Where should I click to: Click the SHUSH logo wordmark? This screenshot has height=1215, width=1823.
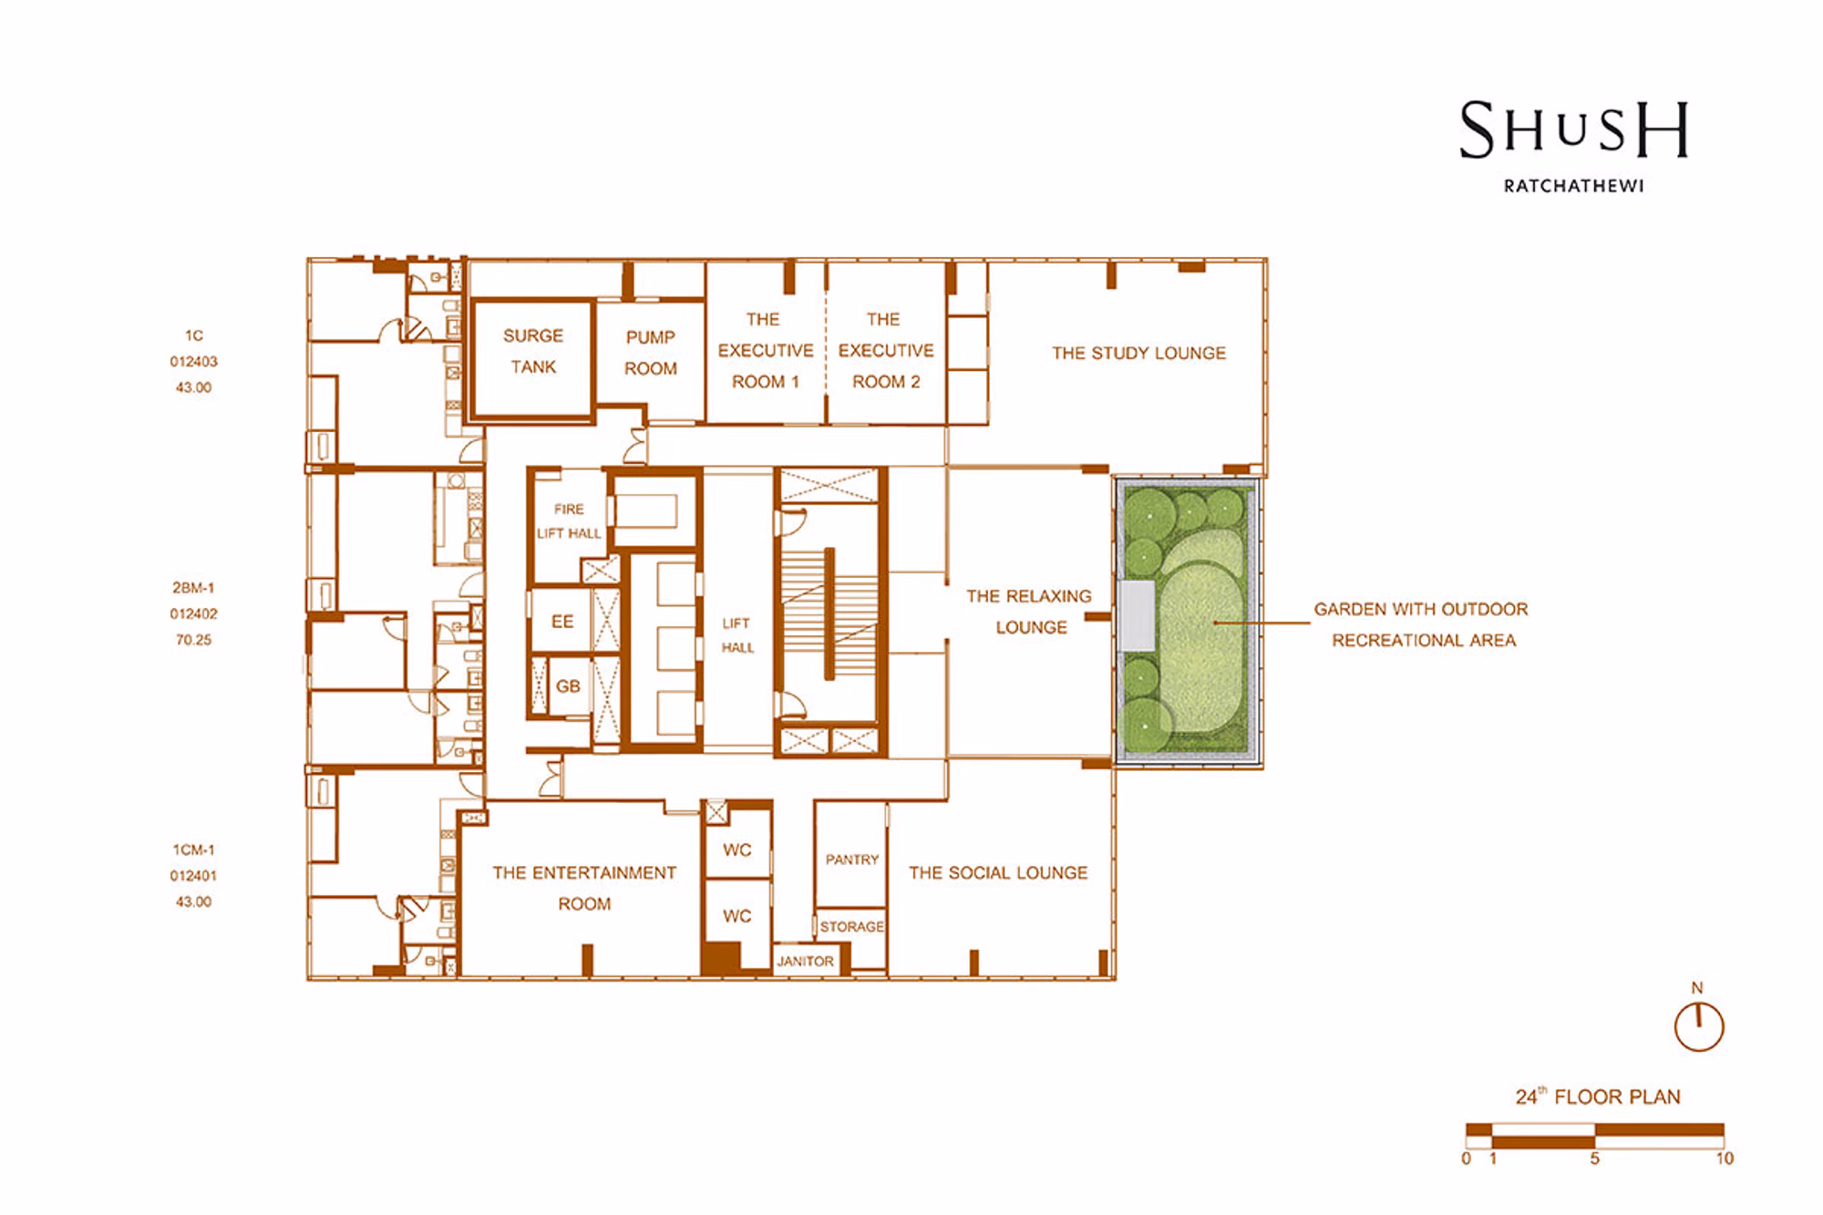(x=1574, y=129)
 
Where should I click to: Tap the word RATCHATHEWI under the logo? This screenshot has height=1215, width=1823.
(x=1574, y=186)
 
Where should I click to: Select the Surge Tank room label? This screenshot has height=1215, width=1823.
(x=533, y=352)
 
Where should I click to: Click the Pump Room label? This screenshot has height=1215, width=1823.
(x=651, y=353)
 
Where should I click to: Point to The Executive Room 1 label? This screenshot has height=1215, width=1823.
(x=766, y=351)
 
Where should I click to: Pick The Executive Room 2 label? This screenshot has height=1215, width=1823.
(x=886, y=351)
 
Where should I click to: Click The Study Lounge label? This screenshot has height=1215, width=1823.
(x=1138, y=353)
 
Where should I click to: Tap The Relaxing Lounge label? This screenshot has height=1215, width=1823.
(x=1029, y=612)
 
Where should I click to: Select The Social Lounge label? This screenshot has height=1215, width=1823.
(x=998, y=872)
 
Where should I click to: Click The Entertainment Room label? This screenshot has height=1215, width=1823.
(x=584, y=889)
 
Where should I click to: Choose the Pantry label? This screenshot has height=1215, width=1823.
(x=852, y=860)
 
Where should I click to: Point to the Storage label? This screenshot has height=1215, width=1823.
(x=851, y=927)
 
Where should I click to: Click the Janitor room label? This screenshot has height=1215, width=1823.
(x=805, y=962)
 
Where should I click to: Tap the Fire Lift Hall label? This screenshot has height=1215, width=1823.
(x=569, y=521)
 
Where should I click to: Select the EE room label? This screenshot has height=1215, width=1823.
(x=562, y=622)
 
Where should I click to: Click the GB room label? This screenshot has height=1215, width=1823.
(x=568, y=686)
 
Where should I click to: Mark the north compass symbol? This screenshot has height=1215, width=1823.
(x=1699, y=1025)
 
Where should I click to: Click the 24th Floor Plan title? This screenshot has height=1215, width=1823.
(x=1598, y=1097)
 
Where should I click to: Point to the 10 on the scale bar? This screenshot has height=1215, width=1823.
(x=1725, y=1158)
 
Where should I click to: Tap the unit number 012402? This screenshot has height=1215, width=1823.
(x=193, y=614)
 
